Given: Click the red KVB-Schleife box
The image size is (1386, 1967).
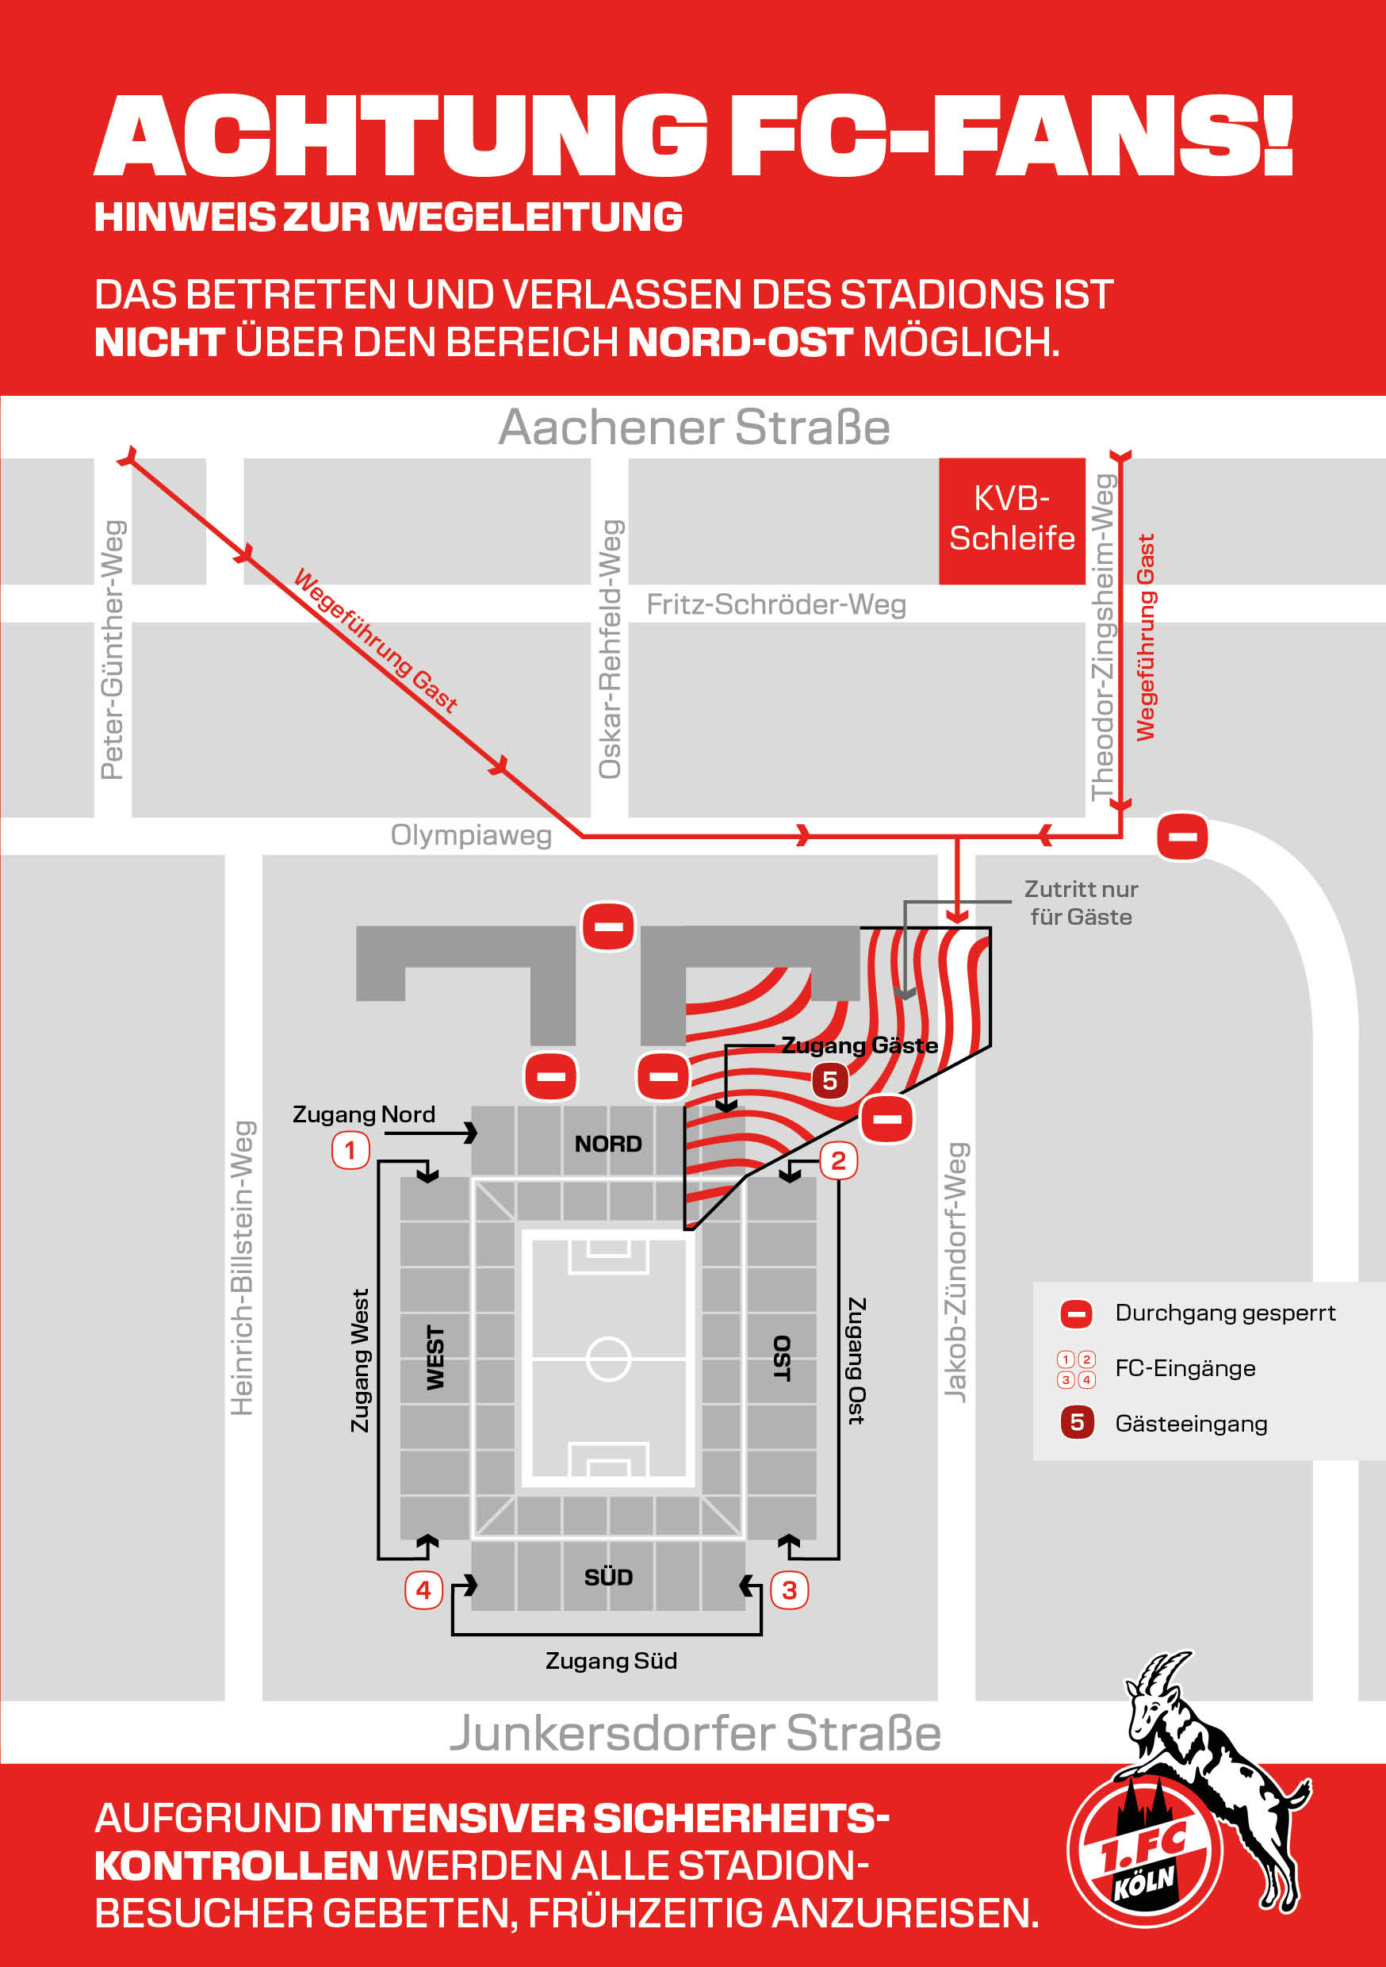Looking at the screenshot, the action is point(1012,520).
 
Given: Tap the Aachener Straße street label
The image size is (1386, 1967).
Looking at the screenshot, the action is point(694,427).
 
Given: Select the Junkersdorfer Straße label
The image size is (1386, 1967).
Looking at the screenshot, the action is point(695,1731).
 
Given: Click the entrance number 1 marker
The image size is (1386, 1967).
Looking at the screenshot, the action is point(350,1150).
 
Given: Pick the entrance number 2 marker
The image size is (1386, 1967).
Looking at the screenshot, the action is point(838,1161).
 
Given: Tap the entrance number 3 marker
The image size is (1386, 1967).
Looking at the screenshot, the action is point(789,1590).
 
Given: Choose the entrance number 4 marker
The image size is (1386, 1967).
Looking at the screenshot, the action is point(423,1590).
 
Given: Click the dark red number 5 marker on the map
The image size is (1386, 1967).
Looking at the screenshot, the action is point(829,1080).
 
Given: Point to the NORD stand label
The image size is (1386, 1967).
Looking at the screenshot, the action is point(608,1144).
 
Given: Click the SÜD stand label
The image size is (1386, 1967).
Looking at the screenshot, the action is point(608,1578).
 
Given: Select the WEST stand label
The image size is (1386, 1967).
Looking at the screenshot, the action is point(436,1358).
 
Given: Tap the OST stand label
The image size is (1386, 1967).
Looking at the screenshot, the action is point(781,1358).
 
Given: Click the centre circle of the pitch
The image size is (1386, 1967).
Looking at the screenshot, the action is point(608,1359).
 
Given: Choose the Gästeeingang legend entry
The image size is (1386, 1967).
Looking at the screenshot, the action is point(1190,1424).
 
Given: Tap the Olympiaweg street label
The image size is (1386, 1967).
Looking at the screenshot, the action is point(471,834).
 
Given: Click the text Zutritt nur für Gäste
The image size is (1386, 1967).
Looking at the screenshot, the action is point(1081,903).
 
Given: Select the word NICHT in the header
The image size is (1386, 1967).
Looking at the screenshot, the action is point(159,342).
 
